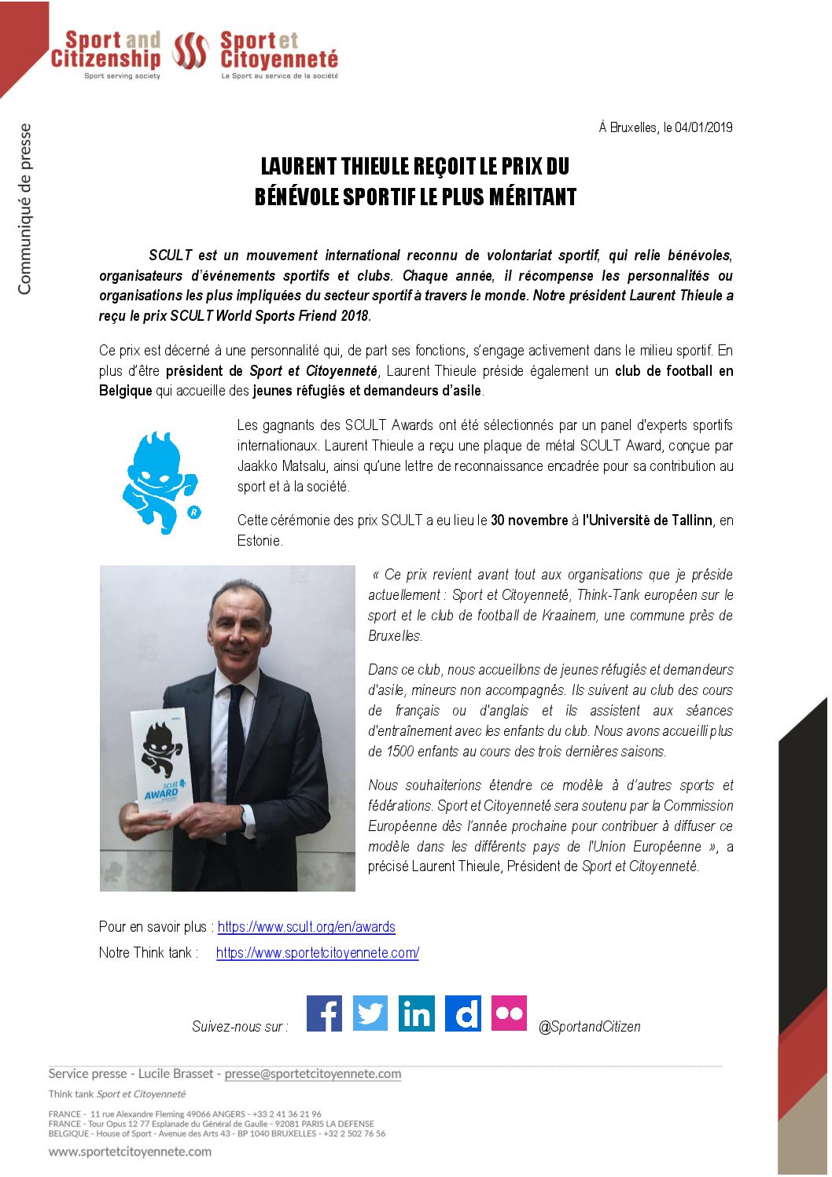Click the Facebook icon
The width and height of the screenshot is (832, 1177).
(323, 1013)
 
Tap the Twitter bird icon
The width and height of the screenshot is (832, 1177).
(370, 1013)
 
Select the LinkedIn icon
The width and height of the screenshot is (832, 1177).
(416, 1013)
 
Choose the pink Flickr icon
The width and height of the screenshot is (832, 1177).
(509, 1013)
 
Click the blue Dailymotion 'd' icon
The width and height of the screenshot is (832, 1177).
(462, 1013)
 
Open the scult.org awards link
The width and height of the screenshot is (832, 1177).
(306, 927)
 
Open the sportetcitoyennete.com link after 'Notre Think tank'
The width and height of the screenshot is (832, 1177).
(317, 953)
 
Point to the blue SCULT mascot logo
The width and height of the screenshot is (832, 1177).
(160, 482)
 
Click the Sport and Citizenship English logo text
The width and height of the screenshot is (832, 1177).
(105, 50)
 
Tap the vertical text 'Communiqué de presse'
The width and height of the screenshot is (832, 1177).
(24, 208)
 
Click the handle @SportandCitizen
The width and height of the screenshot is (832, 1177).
(589, 1027)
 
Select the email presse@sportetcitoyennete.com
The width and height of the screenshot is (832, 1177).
(312, 1074)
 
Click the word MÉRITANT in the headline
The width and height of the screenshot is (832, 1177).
(532, 197)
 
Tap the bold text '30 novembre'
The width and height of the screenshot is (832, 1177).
(528, 520)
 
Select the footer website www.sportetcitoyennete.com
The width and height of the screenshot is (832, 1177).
(130, 1152)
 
